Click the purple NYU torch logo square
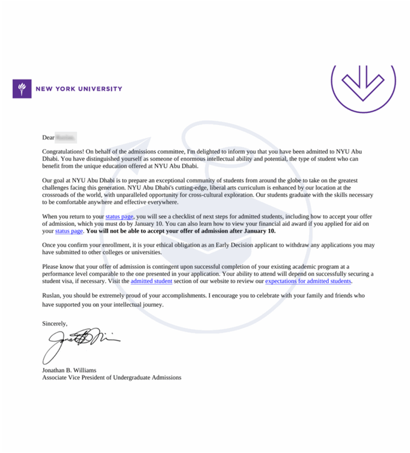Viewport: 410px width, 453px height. point(22,89)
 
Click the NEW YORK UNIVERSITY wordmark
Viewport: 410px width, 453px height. point(78,89)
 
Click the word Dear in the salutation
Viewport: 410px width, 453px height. point(48,138)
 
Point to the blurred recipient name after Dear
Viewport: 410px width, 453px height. point(66,138)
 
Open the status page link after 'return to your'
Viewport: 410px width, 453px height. point(119,216)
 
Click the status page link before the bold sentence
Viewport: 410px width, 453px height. point(69,231)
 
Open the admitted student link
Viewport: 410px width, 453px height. point(151,281)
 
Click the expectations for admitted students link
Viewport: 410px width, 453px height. point(308,281)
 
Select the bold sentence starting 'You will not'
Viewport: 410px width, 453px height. point(181,231)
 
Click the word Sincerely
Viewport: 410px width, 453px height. point(54,323)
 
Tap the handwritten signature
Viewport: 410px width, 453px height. point(80,342)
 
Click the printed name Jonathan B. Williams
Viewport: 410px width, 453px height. point(69,370)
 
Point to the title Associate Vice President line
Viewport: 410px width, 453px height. point(112,377)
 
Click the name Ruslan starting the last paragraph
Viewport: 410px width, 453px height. point(51,295)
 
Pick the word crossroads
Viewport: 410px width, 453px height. point(57,196)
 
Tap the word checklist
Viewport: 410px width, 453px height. point(188,216)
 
